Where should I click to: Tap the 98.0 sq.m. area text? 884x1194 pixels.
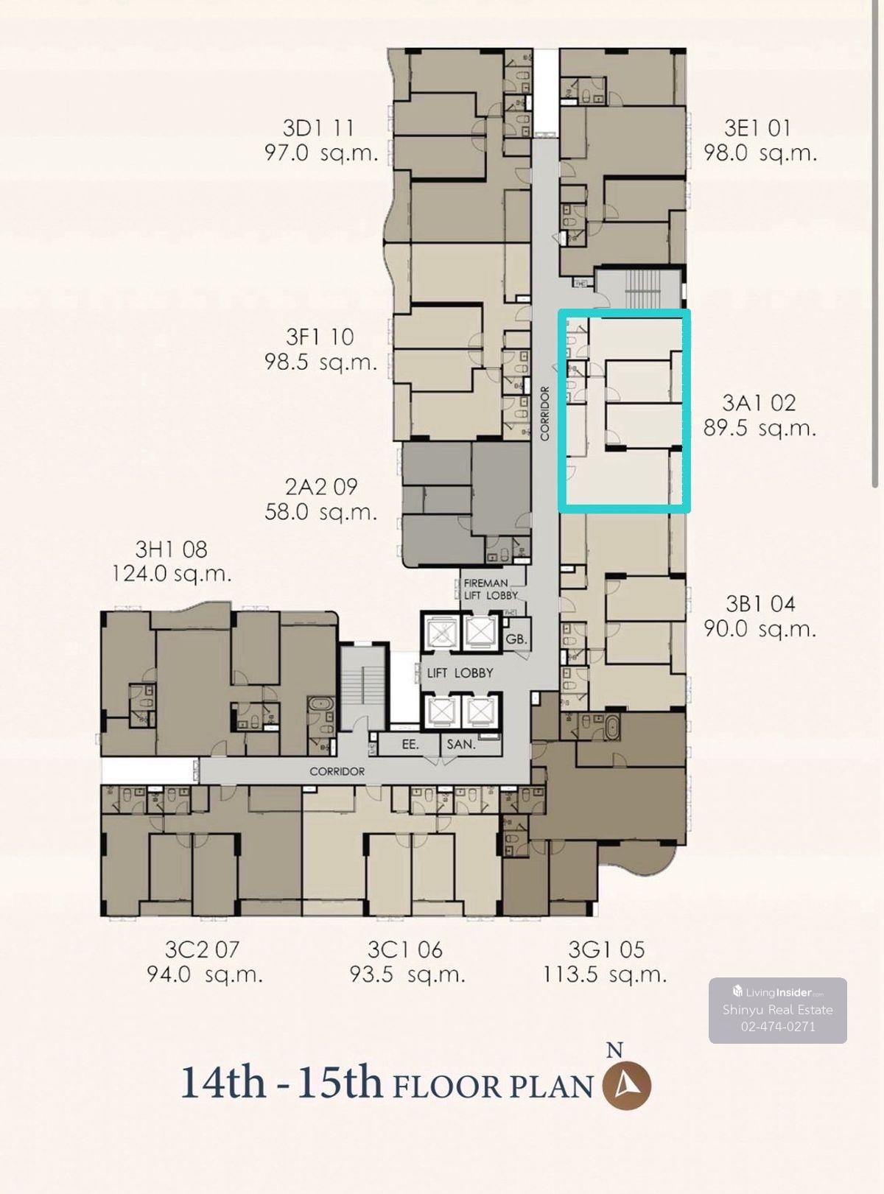tap(760, 153)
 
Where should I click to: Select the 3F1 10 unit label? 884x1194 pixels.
tap(320, 337)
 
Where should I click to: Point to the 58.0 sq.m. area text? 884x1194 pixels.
tap(320, 511)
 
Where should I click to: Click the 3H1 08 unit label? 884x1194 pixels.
tap(171, 549)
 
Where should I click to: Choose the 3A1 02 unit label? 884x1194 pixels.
tap(759, 403)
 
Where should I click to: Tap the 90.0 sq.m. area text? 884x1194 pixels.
tap(760, 629)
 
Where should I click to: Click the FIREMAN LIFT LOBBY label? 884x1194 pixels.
tap(491, 589)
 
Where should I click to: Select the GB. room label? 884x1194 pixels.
tap(517, 639)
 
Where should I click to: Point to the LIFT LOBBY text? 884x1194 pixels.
tap(460, 673)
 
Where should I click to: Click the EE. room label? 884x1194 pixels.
tap(410, 745)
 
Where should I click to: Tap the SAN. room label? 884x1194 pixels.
tap(461, 745)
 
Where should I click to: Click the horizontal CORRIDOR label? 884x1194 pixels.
tap(337, 771)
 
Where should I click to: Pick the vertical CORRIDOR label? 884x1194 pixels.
tap(545, 413)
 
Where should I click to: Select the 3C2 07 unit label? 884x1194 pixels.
tap(201, 949)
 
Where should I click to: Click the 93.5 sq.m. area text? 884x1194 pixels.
tap(407, 975)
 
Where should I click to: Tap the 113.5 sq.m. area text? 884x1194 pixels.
tap(605, 975)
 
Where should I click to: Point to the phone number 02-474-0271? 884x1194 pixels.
tap(778, 1027)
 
